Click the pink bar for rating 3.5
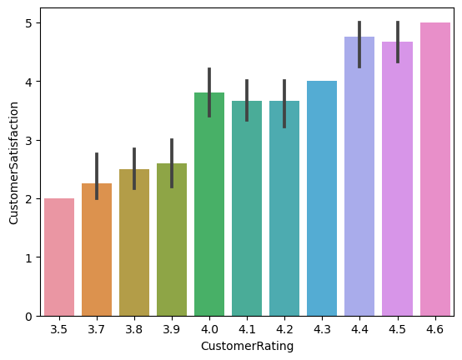click(58, 257)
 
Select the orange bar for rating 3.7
click(96, 250)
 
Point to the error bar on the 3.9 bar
click(172, 162)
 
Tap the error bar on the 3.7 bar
click(96, 176)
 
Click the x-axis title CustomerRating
click(247, 347)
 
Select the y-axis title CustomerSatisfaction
click(13, 163)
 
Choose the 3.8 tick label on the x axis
click(133, 329)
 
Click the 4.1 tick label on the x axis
click(247, 329)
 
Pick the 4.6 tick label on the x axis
click(434, 329)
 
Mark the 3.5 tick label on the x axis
click(58, 329)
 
